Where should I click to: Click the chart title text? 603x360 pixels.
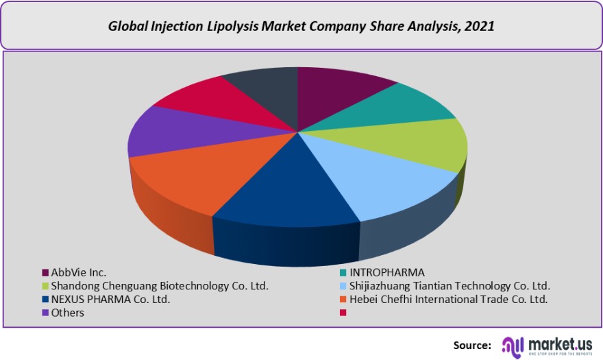301,26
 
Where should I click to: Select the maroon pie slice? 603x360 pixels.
336,93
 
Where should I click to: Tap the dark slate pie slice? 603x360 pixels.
264,86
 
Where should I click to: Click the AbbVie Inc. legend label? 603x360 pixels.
79,272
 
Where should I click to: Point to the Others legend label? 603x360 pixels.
68,313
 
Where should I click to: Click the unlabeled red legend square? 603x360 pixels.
343,313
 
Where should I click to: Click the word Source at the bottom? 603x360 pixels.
472,345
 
